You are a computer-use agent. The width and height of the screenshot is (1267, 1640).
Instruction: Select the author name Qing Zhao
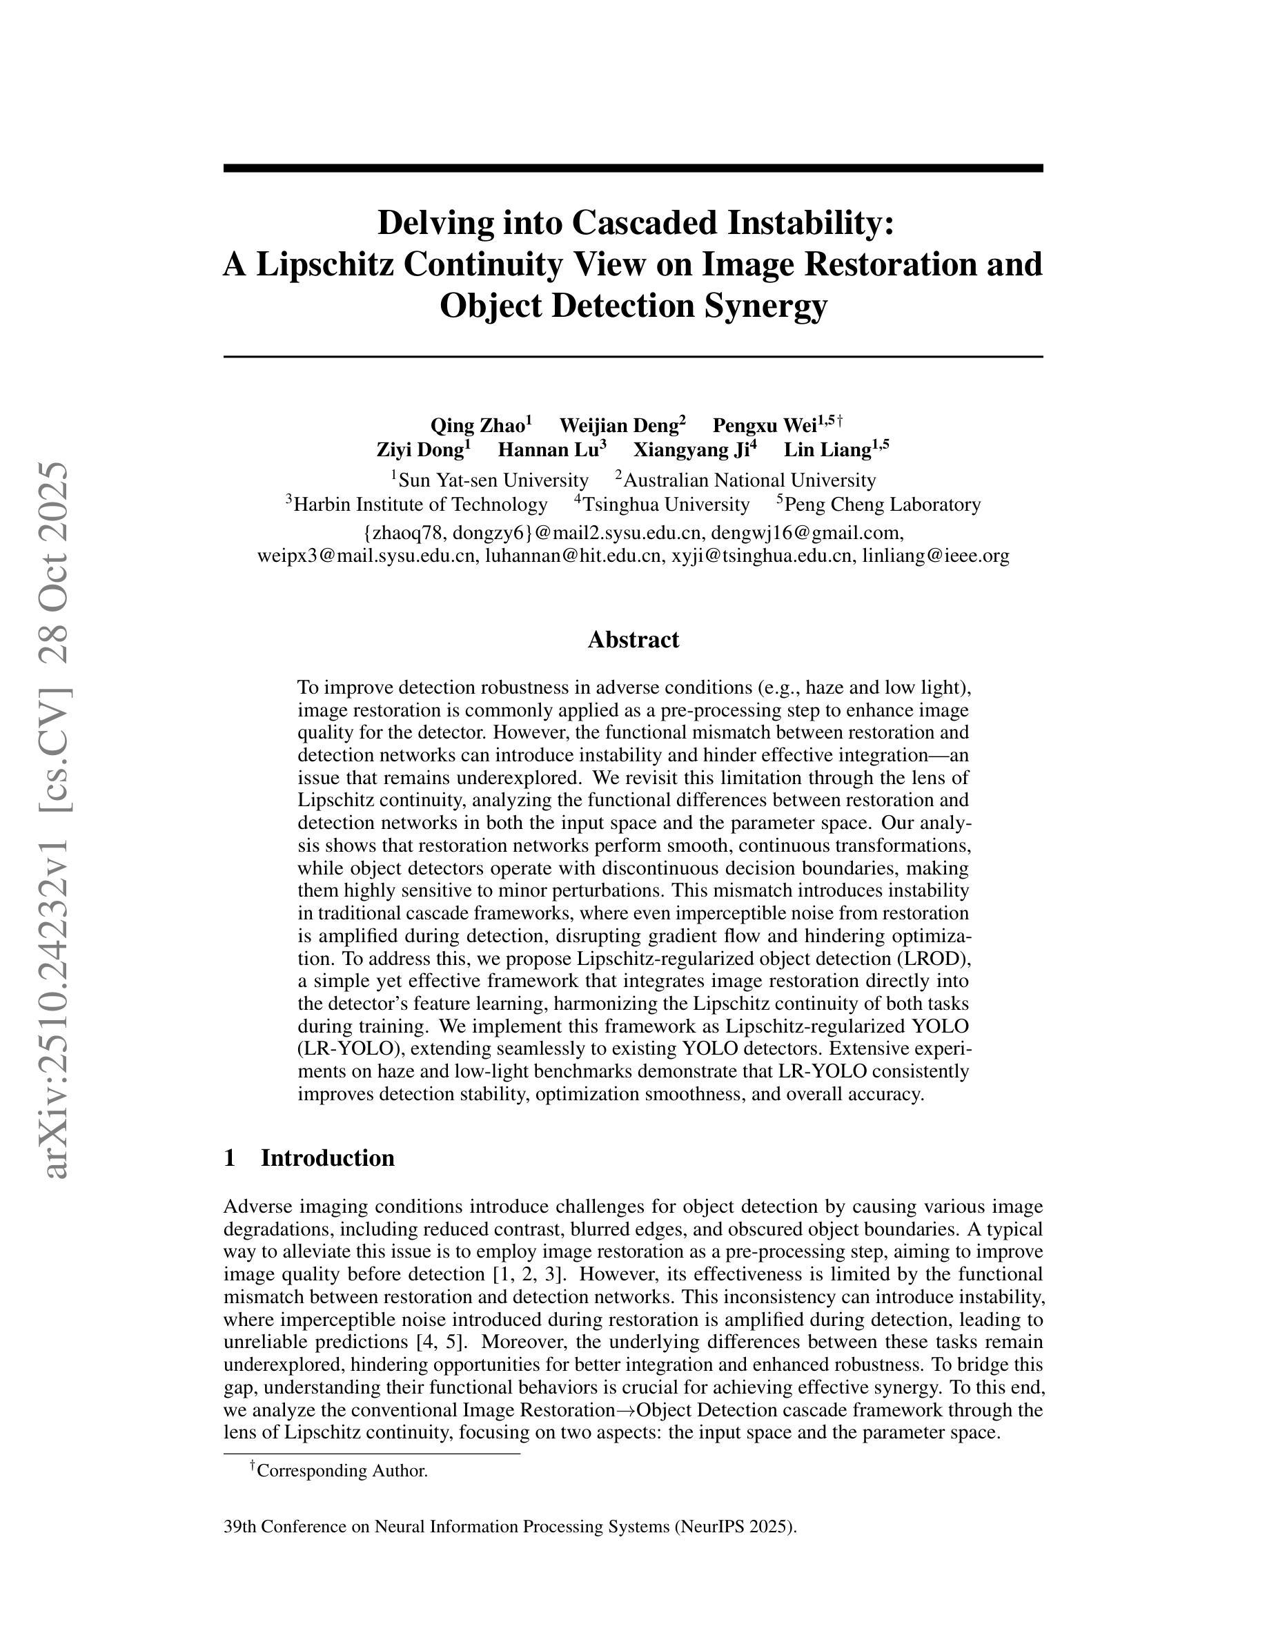477,426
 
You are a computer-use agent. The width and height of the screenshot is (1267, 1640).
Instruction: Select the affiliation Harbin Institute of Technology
420,504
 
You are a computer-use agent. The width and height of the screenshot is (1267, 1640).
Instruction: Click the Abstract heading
633,640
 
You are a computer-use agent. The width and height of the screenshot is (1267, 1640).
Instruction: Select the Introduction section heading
327,1158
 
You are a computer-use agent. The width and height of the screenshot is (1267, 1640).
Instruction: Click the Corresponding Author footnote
342,1471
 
